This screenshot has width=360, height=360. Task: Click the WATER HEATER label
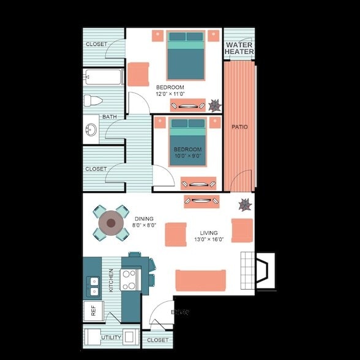(x=239, y=48)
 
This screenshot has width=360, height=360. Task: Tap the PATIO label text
(x=239, y=127)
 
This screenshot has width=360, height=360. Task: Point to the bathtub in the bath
(x=104, y=78)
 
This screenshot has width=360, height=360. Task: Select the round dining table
(x=111, y=223)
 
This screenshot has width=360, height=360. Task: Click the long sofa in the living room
(x=200, y=280)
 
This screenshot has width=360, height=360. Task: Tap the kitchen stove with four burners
(x=129, y=280)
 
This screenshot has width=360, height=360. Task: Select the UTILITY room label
(x=111, y=337)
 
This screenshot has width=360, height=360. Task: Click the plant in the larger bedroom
(x=214, y=105)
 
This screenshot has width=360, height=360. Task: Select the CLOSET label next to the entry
(x=157, y=340)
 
